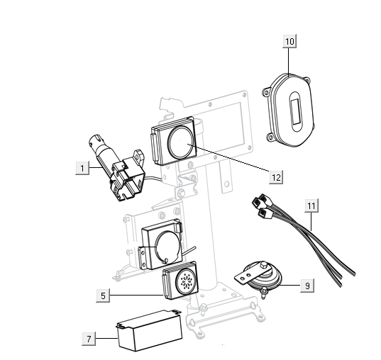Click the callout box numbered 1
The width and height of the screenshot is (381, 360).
(83, 168)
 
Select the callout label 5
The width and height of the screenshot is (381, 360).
(103, 295)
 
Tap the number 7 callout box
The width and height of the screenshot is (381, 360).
(89, 339)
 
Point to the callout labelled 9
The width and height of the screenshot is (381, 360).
(306, 286)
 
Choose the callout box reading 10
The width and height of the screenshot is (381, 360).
(289, 42)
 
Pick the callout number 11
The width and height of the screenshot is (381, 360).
(311, 206)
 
